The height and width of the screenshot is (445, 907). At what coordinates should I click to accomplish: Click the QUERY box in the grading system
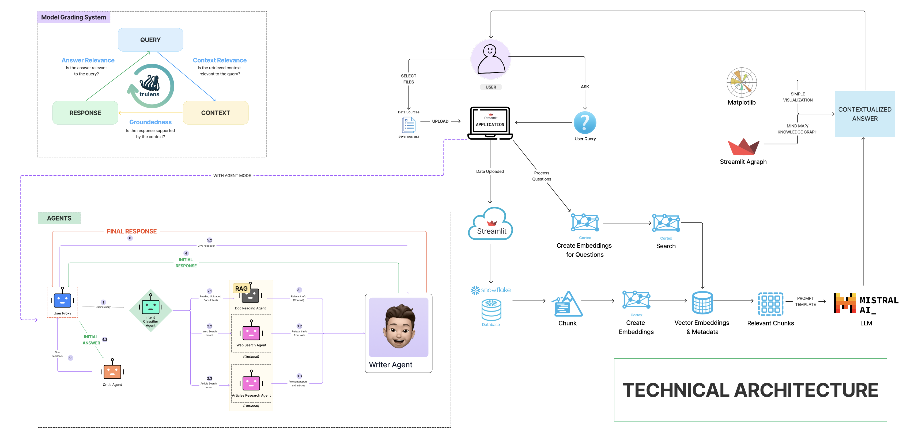[150, 40]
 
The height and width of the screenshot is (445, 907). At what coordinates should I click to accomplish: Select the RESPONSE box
[85, 113]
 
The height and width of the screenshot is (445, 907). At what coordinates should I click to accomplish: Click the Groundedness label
[150, 122]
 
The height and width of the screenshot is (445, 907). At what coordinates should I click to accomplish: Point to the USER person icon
[490, 59]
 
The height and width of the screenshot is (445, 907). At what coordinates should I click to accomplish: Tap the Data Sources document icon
[409, 125]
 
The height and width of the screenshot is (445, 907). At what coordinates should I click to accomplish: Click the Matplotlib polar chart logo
[742, 83]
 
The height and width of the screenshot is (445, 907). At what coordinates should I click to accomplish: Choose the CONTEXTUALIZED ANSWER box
[864, 114]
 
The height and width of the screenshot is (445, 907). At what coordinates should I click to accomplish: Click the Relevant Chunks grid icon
[770, 304]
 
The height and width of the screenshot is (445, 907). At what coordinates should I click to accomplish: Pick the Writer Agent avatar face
[399, 327]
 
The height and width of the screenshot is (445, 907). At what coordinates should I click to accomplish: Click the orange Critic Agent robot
[112, 371]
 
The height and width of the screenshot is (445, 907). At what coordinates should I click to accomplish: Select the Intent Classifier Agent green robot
[150, 306]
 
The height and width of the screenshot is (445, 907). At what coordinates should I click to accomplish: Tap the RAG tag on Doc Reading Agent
[241, 289]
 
